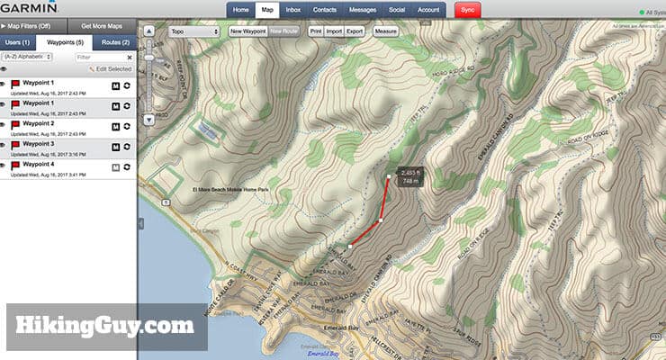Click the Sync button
(468, 10)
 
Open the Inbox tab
(293, 10)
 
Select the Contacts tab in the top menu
(324, 10)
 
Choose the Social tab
(396, 10)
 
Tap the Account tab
(429, 10)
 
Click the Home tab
(240, 10)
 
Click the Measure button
(385, 31)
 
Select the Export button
(355, 31)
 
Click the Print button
(315, 31)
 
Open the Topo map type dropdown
(194, 31)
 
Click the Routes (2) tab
(113, 42)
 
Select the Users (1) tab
(18, 42)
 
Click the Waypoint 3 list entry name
(39, 143)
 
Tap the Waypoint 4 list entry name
(39, 165)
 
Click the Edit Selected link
(112, 69)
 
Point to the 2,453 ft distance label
(409, 172)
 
